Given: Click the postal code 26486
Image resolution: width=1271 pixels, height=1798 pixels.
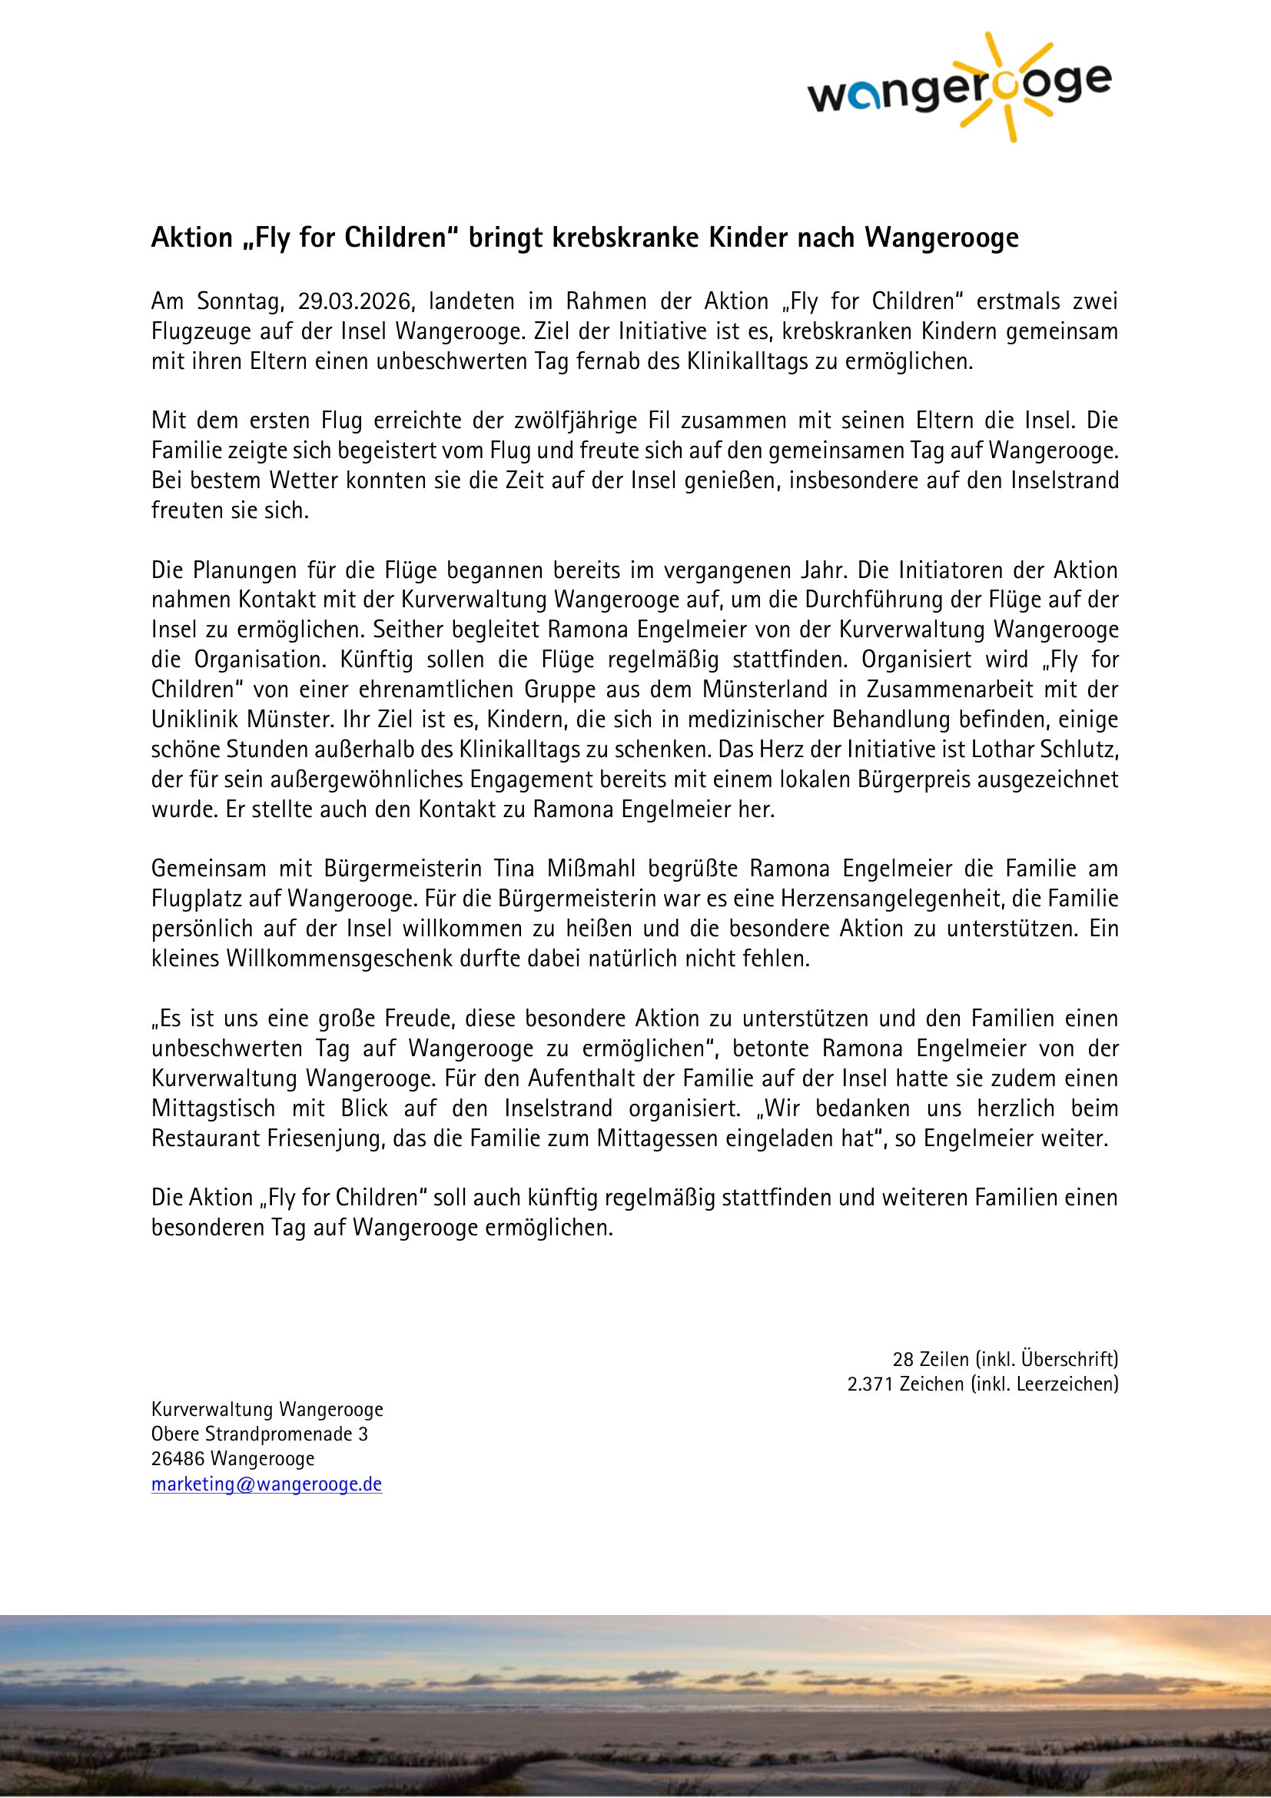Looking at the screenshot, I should tap(178, 1459).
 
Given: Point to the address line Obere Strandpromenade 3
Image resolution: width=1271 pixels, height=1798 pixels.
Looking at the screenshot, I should tap(259, 1434).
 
